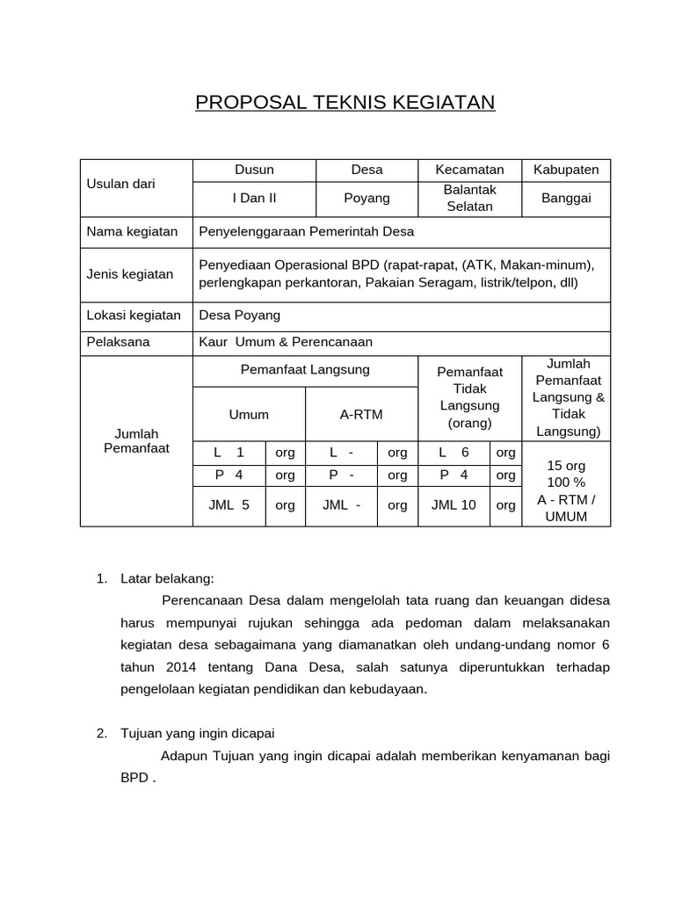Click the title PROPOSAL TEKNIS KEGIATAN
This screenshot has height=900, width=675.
(x=345, y=103)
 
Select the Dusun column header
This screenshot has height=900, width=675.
(x=254, y=170)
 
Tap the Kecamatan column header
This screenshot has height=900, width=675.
(x=469, y=170)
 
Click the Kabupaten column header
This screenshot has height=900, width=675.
(x=566, y=170)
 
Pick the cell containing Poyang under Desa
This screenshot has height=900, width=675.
(x=367, y=199)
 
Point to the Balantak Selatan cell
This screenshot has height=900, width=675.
(x=469, y=199)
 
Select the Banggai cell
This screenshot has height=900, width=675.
(x=566, y=199)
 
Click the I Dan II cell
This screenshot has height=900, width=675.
(x=254, y=199)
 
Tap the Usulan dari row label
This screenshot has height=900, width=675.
(x=120, y=184)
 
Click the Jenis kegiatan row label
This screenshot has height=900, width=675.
(x=130, y=274)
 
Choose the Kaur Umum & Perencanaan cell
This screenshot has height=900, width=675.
(x=287, y=342)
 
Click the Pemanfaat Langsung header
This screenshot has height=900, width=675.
(x=305, y=370)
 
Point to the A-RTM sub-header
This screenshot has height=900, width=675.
(x=361, y=414)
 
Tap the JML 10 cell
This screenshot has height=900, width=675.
(x=454, y=505)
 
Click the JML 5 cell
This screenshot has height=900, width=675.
(x=229, y=505)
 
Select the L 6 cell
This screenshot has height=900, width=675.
(x=454, y=453)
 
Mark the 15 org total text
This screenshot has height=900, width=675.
(x=566, y=466)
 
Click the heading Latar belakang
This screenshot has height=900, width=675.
(x=167, y=578)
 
